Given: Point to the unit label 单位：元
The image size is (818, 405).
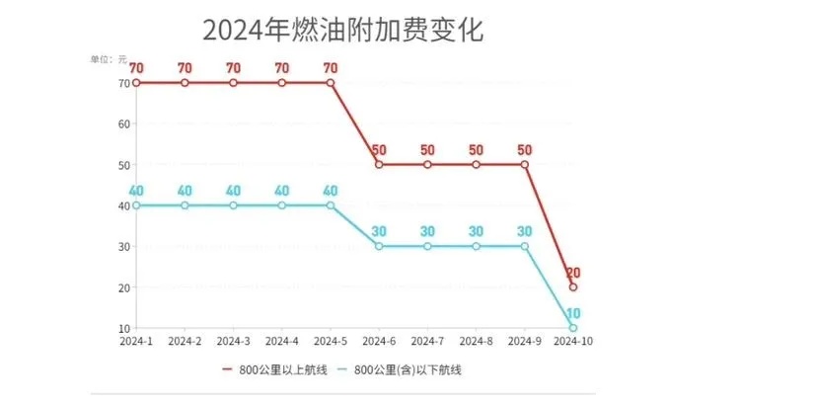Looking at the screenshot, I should click(109, 59).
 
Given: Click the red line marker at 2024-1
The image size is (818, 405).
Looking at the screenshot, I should click(136, 83).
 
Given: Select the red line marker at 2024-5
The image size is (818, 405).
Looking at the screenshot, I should click(331, 83).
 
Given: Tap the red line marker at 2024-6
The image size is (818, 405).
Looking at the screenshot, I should click(379, 165).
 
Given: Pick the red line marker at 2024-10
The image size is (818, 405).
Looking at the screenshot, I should click(573, 287).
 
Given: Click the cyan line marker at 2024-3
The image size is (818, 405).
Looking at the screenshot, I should click(234, 205).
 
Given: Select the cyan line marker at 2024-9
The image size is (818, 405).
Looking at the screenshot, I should click(525, 247).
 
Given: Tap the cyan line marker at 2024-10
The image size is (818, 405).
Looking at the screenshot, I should click(573, 328).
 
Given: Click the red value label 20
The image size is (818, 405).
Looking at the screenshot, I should click(573, 273).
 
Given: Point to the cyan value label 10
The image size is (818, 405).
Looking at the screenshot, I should click(573, 313).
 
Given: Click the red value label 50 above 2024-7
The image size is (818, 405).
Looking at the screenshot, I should click(427, 150).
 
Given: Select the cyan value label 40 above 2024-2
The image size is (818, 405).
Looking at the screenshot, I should click(185, 191).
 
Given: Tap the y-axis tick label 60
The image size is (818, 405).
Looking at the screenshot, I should click(122, 124).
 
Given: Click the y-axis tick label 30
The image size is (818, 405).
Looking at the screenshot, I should click(122, 247).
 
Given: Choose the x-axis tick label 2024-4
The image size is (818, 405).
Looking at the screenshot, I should click(282, 341).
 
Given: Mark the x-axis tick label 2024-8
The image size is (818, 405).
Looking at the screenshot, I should click(477, 341).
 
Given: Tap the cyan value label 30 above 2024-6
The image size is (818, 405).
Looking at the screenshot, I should click(379, 232).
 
